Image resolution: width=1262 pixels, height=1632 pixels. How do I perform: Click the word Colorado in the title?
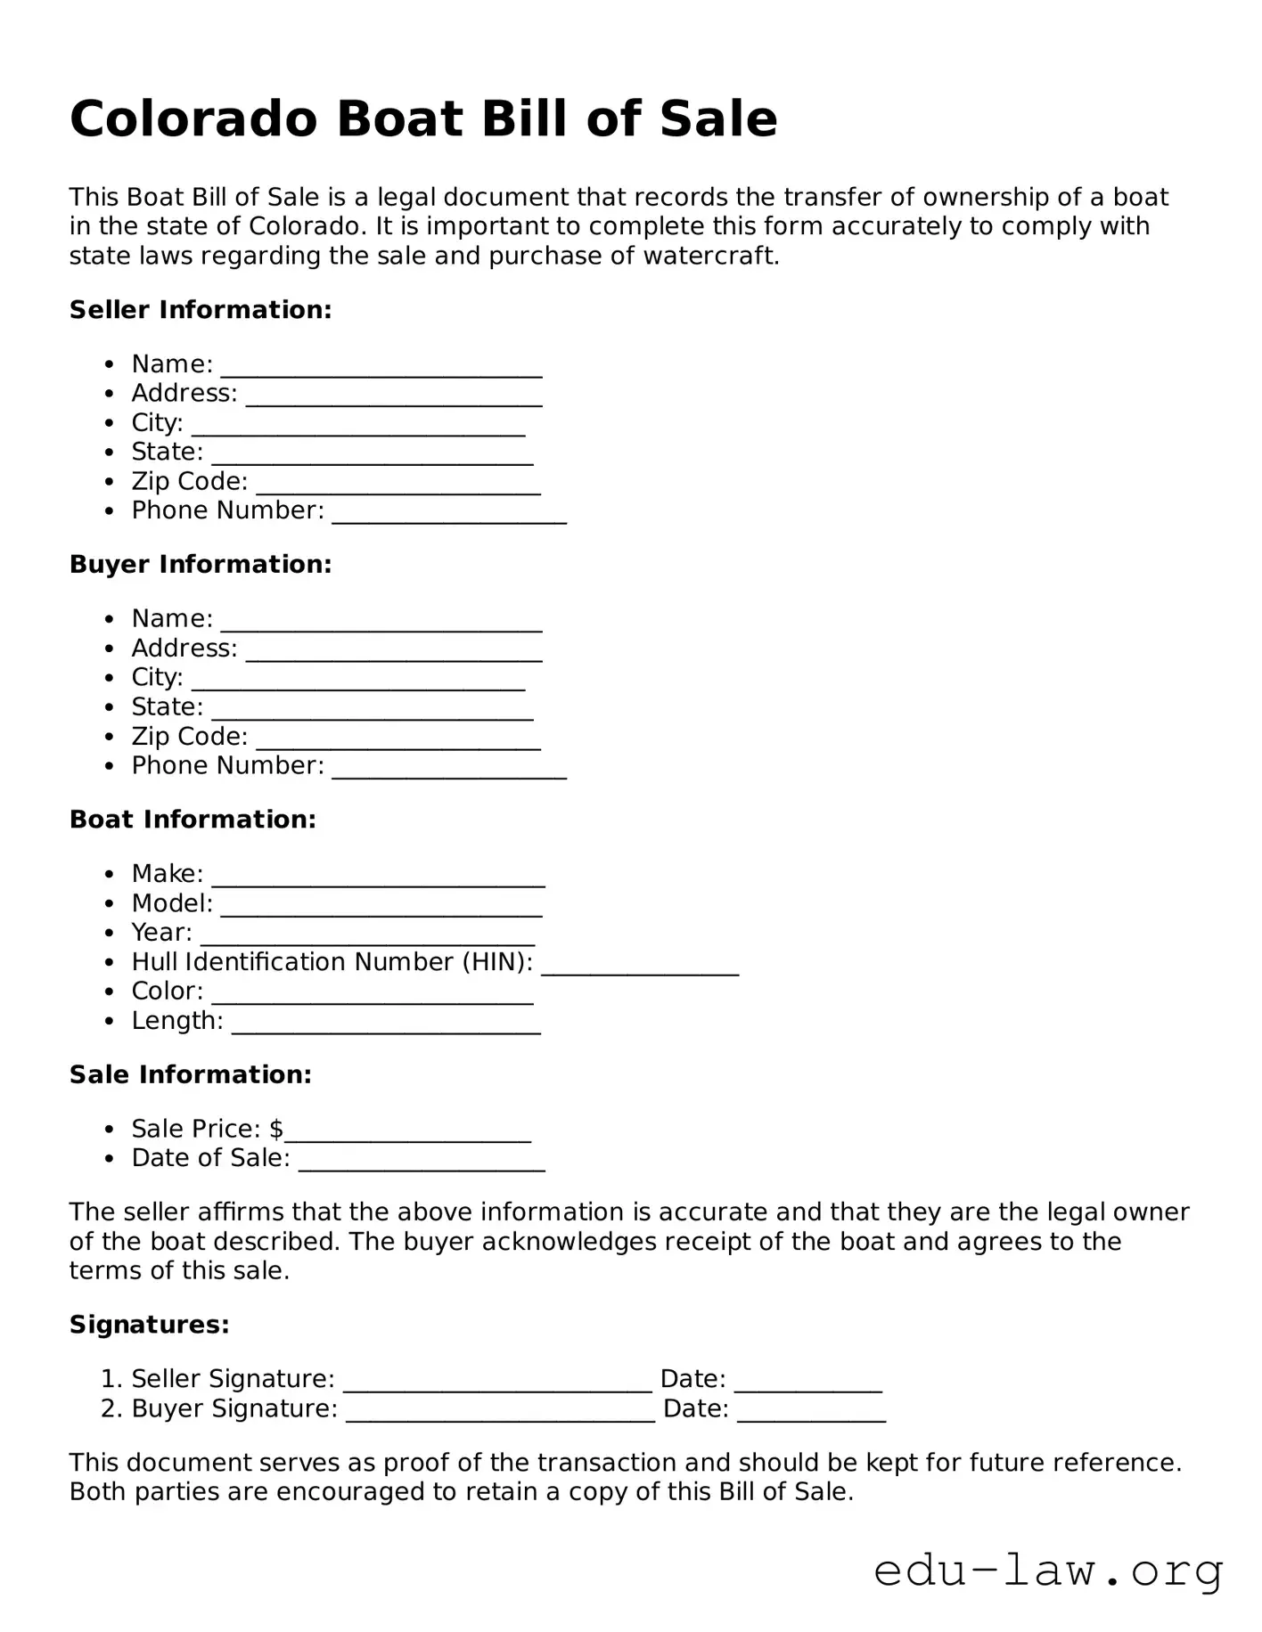click(193, 118)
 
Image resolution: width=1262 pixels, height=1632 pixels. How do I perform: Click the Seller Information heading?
click(201, 310)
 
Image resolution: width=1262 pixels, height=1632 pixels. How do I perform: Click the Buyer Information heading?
click(201, 565)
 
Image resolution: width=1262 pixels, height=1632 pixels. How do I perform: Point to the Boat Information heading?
click(193, 820)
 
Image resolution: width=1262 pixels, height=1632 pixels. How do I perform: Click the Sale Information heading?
click(191, 1075)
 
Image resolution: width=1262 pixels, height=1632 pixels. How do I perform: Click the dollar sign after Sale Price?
click(276, 1130)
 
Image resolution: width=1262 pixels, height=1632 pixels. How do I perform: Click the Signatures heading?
click(150, 1326)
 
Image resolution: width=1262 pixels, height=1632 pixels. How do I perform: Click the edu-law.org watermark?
click(1048, 1571)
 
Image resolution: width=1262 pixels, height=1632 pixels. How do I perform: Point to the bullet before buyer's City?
click(109, 678)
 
